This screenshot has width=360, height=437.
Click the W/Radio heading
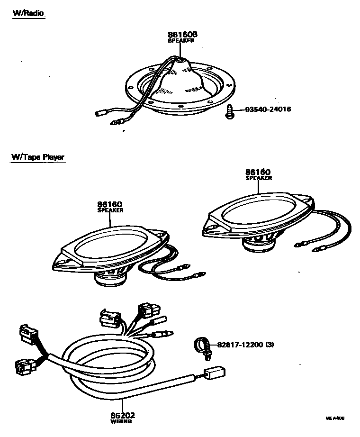(x=28, y=13)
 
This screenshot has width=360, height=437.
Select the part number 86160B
(x=182, y=35)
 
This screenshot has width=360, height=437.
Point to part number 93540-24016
(x=268, y=109)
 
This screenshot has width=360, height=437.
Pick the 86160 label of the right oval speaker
(x=258, y=172)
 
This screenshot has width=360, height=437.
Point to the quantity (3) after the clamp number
(x=270, y=345)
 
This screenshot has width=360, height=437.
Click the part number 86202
(x=121, y=415)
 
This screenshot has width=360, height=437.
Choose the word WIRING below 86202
(x=121, y=421)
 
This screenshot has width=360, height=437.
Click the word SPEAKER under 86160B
(x=181, y=41)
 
